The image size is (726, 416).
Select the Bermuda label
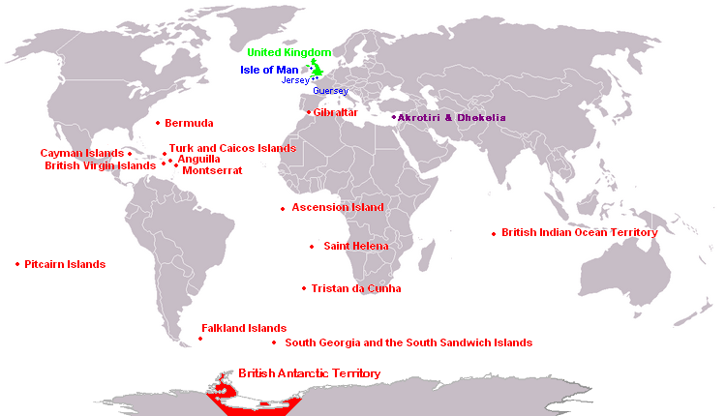[x=189, y=124]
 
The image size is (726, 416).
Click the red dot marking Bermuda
[x=158, y=123]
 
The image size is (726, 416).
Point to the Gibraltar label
[x=336, y=112]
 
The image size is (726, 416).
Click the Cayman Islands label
[x=82, y=153]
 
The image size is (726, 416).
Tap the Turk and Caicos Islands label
[x=232, y=149]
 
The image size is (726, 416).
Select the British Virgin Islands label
[x=100, y=165]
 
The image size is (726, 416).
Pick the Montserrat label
[x=212, y=171]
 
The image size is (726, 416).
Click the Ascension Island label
[x=338, y=207]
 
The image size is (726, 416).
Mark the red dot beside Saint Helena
[x=312, y=247]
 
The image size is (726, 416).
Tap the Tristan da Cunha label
[x=356, y=288]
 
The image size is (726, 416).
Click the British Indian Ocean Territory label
[x=579, y=232]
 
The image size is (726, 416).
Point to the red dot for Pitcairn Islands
[x=17, y=264]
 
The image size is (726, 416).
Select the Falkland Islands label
[x=244, y=328]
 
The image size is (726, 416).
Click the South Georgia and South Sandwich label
[x=408, y=342]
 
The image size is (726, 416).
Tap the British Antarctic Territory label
[x=309, y=373]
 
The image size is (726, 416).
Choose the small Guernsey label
[x=330, y=90]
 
